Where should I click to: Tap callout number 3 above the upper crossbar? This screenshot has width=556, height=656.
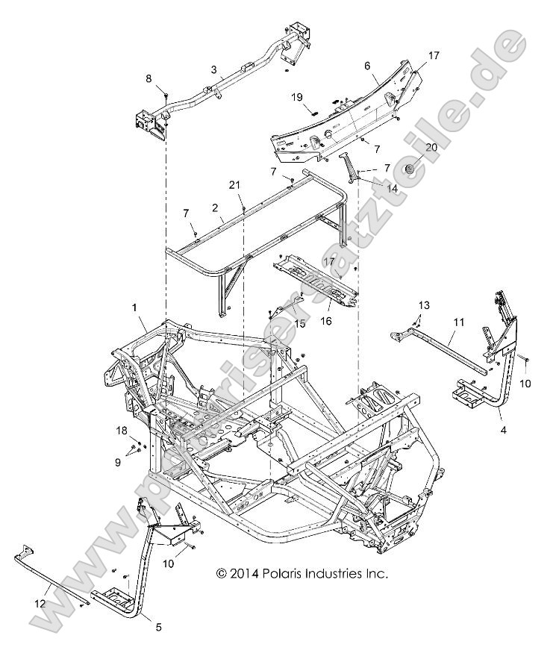(x=214, y=70)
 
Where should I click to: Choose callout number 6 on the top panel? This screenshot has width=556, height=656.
(x=366, y=65)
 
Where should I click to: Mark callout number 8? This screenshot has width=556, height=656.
(x=149, y=78)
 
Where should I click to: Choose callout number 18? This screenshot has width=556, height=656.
(x=122, y=431)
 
